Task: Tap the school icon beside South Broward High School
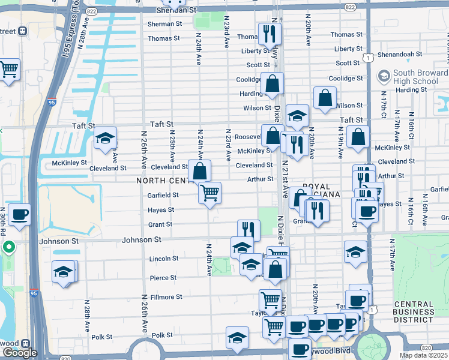(x=383, y=77)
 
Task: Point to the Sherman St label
(x=165, y=24)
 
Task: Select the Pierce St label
(x=163, y=278)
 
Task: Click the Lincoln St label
(x=163, y=259)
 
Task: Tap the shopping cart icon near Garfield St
(x=210, y=193)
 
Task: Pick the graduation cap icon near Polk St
(x=238, y=337)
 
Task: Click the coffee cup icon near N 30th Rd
(x=19, y=214)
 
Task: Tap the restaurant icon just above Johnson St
(x=249, y=230)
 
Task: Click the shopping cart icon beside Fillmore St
(x=270, y=299)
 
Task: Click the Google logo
(x=20, y=353)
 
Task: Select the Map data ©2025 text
(x=424, y=355)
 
